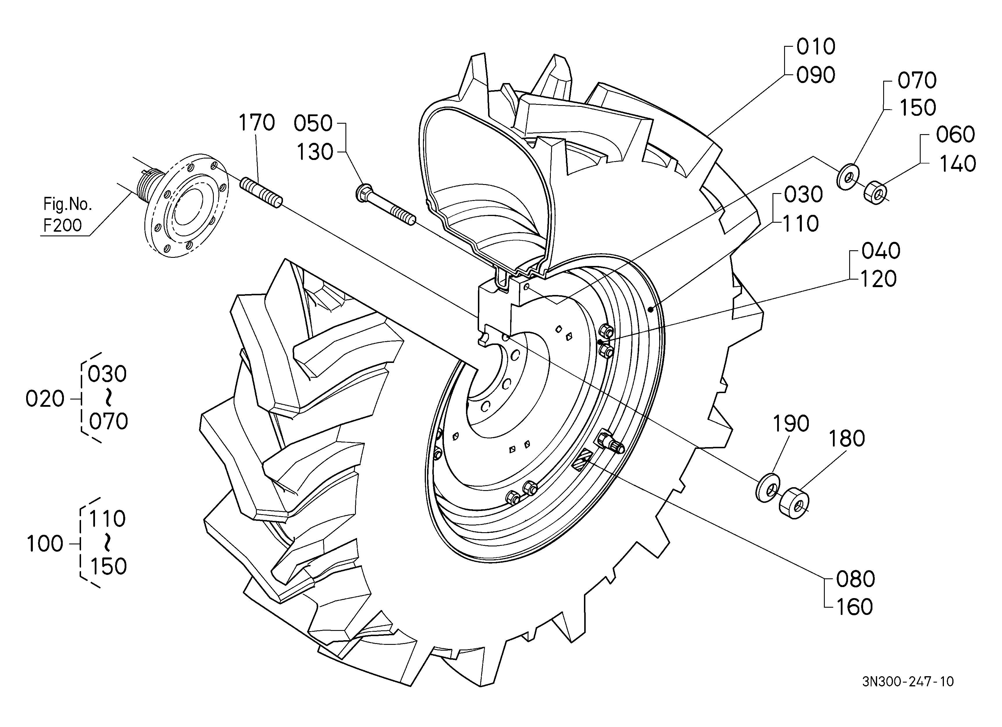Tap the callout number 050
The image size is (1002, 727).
tap(313, 124)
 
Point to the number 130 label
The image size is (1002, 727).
tap(315, 152)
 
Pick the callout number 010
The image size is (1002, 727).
tap(816, 47)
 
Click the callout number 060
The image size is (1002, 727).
tap(955, 135)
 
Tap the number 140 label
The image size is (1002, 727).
tap(957, 164)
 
